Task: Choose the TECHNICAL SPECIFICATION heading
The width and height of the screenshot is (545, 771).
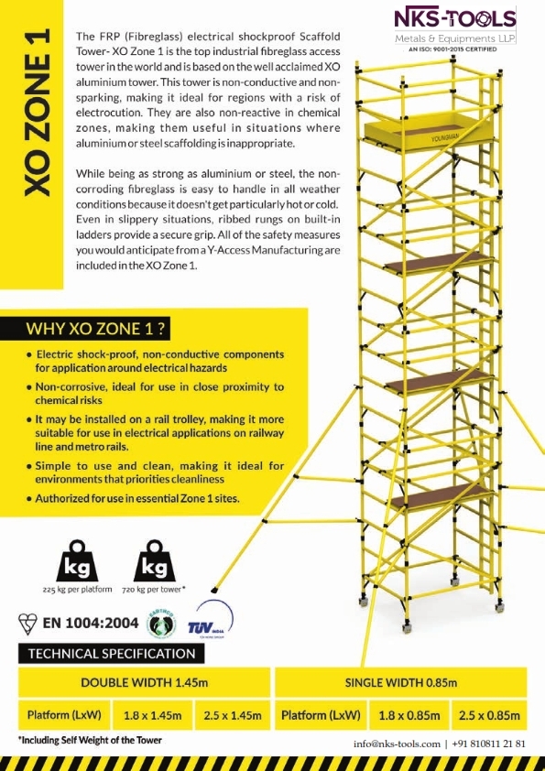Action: tap(112, 654)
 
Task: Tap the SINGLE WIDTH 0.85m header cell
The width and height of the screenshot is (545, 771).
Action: tap(400, 683)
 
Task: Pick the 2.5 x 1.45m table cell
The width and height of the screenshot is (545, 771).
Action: tap(235, 714)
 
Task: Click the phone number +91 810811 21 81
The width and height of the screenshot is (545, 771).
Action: tap(489, 743)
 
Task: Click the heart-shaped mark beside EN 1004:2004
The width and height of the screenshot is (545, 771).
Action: tap(27, 624)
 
